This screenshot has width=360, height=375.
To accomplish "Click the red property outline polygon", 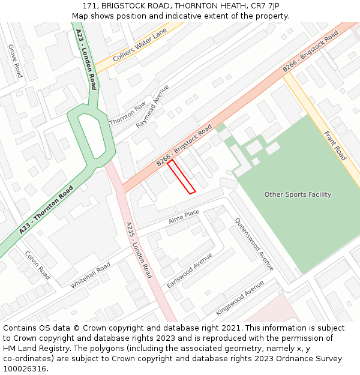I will pyautogui.click(x=182, y=176).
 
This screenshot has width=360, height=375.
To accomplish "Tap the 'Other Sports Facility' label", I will pyautogui.click(x=298, y=194).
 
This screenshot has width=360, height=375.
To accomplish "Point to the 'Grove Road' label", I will pyautogui.click(x=15, y=61).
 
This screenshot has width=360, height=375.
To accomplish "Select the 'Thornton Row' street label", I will pyautogui.click(x=128, y=113).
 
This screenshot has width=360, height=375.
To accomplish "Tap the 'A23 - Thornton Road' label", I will pyautogui.click(x=46, y=209).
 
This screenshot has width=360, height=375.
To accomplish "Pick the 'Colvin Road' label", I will pyautogui.click(x=38, y=265).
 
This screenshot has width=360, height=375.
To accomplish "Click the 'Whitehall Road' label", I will pyautogui.click(x=91, y=275).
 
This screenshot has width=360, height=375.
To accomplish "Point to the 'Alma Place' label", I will pyautogui.click(x=184, y=217).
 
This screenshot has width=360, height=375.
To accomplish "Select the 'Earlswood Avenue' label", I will pyautogui.click(x=190, y=269).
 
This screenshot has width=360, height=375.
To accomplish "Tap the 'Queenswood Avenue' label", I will pyautogui.click(x=254, y=244).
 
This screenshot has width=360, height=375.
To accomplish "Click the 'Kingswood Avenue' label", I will pyautogui.click(x=240, y=298).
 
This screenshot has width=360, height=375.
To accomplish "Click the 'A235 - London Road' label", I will pyautogui.click(x=139, y=250).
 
